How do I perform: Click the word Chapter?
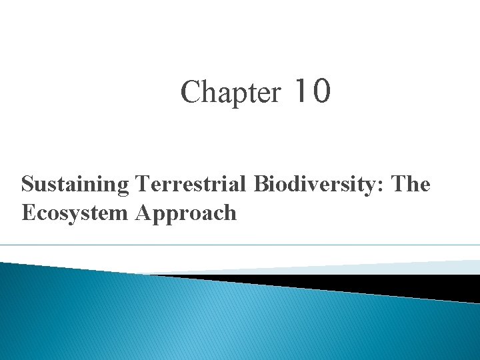pyautogui.click(x=231, y=92)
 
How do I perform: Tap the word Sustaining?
pyautogui.click(x=75, y=185)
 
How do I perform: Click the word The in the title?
pyautogui.click(x=411, y=183)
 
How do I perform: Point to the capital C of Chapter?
pyautogui.click(x=189, y=92)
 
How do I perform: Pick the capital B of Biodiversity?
pyautogui.click(x=260, y=183)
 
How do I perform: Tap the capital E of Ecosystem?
pyautogui.click(x=28, y=213)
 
